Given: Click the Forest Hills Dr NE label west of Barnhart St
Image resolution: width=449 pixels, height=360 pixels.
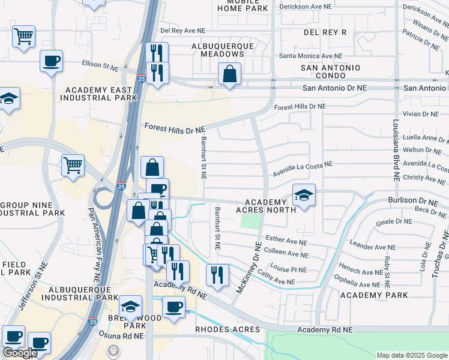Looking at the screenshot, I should (175, 128).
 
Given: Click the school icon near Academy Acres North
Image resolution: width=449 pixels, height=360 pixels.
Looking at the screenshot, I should (304, 194).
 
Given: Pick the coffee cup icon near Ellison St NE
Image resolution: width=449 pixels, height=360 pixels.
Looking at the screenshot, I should (51, 60).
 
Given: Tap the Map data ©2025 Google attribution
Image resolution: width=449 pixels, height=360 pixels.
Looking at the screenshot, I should (412, 355).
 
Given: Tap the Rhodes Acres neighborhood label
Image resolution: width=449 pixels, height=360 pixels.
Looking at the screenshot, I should (228, 329).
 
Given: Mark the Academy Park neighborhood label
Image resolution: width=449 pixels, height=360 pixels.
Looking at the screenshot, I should (374, 295).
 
